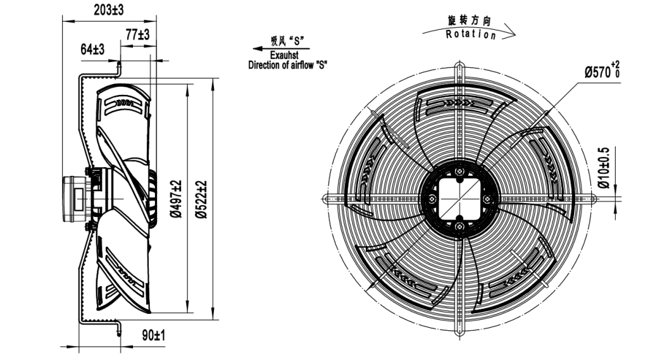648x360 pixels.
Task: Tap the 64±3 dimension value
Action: [92, 49]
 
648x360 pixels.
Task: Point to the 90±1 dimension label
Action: [153, 335]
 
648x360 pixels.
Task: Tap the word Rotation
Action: [471, 34]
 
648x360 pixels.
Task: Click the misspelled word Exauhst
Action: [289, 55]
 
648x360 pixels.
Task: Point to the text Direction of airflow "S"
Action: [289, 65]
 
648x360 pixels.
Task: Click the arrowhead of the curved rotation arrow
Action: [511, 35]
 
